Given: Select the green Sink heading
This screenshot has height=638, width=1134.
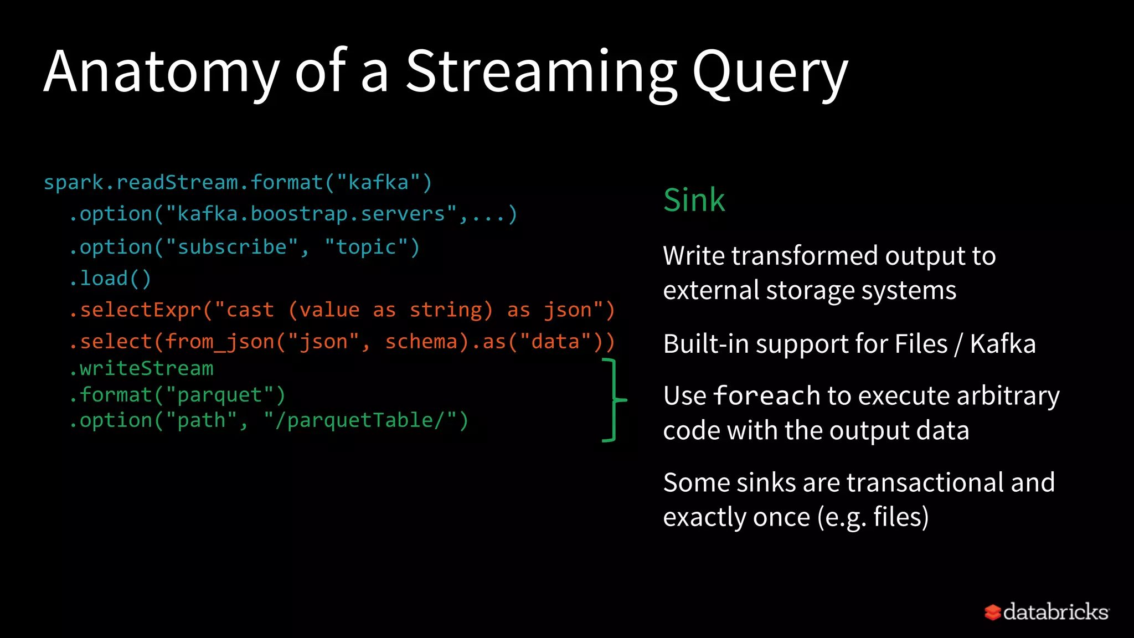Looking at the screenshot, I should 694,200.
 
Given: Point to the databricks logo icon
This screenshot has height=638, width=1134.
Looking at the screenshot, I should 992,612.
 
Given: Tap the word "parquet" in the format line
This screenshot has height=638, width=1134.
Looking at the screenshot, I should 219,395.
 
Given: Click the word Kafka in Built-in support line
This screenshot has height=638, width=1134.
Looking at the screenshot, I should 1002,344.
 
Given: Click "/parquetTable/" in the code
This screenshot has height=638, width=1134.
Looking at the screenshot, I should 360,420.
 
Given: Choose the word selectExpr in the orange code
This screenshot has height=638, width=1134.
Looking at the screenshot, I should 141,310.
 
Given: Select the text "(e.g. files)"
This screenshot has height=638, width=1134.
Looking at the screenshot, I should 873,517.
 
